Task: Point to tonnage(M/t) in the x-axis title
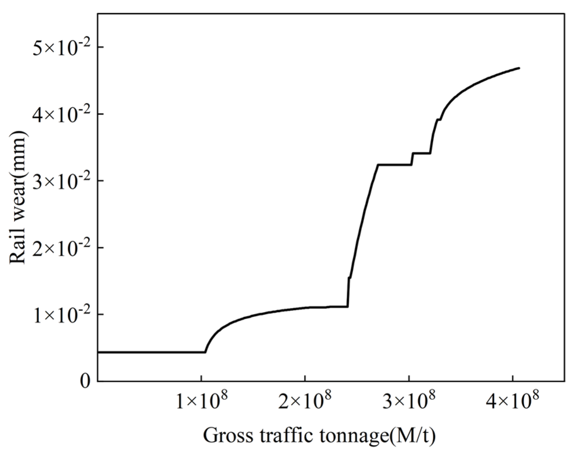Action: coord(375,436)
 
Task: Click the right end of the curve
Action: coord(519,68)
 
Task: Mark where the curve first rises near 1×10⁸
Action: coord(205,352)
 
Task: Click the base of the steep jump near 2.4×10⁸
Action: coord(348,306)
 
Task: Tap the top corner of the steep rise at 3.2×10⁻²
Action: coord(378,165)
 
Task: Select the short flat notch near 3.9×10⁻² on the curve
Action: coord(439,119)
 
